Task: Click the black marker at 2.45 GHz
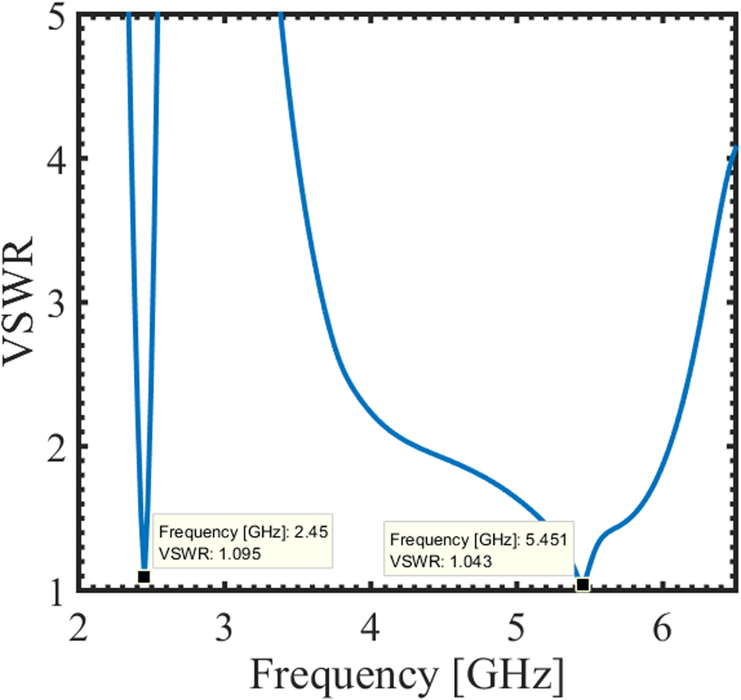(143, 576)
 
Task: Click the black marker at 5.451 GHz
(582, 584)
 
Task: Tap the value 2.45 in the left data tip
(311, 531)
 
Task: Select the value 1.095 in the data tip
(240, 554)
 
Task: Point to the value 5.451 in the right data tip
(546, 539)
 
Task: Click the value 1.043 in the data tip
(471, 561)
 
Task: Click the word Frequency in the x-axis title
(344, 675)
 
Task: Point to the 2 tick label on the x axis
(78, 628)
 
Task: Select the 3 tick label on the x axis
(224, 628)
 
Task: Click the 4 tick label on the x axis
(370, 628)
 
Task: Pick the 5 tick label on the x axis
(516, 628)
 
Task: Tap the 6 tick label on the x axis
(662, 628)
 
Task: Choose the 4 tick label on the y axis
(56, 160)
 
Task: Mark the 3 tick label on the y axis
(56, 304)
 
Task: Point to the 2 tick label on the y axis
(56, 448)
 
